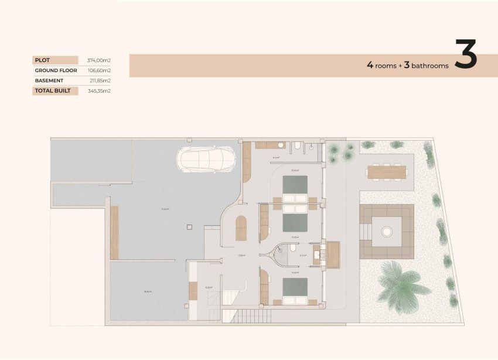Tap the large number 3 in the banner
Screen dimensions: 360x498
[x=465, y=56]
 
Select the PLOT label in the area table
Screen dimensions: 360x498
[x=42, y=60]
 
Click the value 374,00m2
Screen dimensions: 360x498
[x=99, y=60]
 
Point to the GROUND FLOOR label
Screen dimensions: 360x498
[x=56, y=70]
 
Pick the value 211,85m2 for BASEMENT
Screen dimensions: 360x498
[x=99, y=80]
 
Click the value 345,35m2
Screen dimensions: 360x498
[x=99, y=91]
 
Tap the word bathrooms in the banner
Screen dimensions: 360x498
[x=430, y=66]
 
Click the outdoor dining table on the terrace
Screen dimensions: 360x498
[x=386, y=172]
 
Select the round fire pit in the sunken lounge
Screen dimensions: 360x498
[x=387, y=232]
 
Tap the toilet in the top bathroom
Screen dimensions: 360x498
[x=298, y=145]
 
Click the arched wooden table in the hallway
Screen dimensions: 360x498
[x=241, y=227]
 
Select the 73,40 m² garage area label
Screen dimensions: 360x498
[x=165, y=209]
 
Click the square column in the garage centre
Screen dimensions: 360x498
[x=189, y=226]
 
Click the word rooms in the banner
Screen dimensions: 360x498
[x=386, y=66]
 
